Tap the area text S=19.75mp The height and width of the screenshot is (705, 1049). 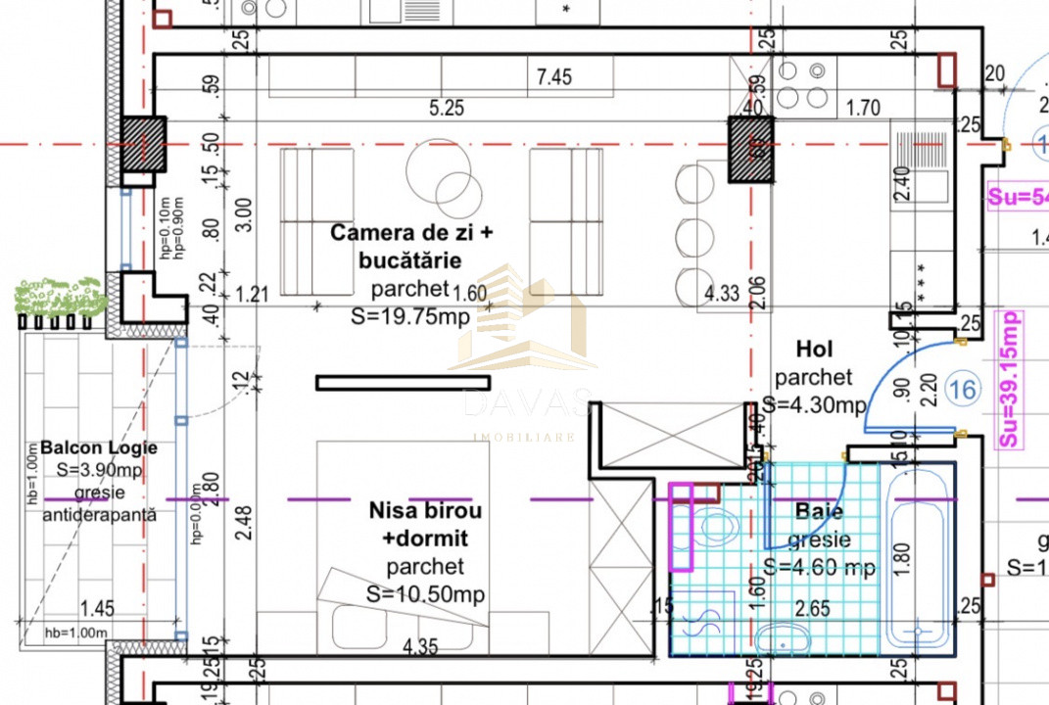tap(410, 315)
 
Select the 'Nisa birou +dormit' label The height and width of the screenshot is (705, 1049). tap(425, 524)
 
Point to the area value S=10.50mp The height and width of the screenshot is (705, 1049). tap(425, 593)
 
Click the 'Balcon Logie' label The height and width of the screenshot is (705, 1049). tap(99, 447)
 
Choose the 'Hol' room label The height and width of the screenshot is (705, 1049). tap(814, 349)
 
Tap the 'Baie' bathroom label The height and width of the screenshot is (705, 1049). tap(819, 511)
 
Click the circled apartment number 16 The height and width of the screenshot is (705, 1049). tap(963, 391)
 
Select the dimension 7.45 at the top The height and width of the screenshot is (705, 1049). tap(554, 76)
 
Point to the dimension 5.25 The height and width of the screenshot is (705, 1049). tap(446, 109)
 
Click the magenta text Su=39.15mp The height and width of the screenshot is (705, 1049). tap(1007, 379)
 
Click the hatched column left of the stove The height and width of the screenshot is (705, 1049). tap(749, 149)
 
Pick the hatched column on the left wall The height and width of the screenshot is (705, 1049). tap(144, 146)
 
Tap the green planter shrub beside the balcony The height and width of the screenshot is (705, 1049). tap(61, 296)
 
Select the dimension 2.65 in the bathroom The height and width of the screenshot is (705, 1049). tap(813, 608)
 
